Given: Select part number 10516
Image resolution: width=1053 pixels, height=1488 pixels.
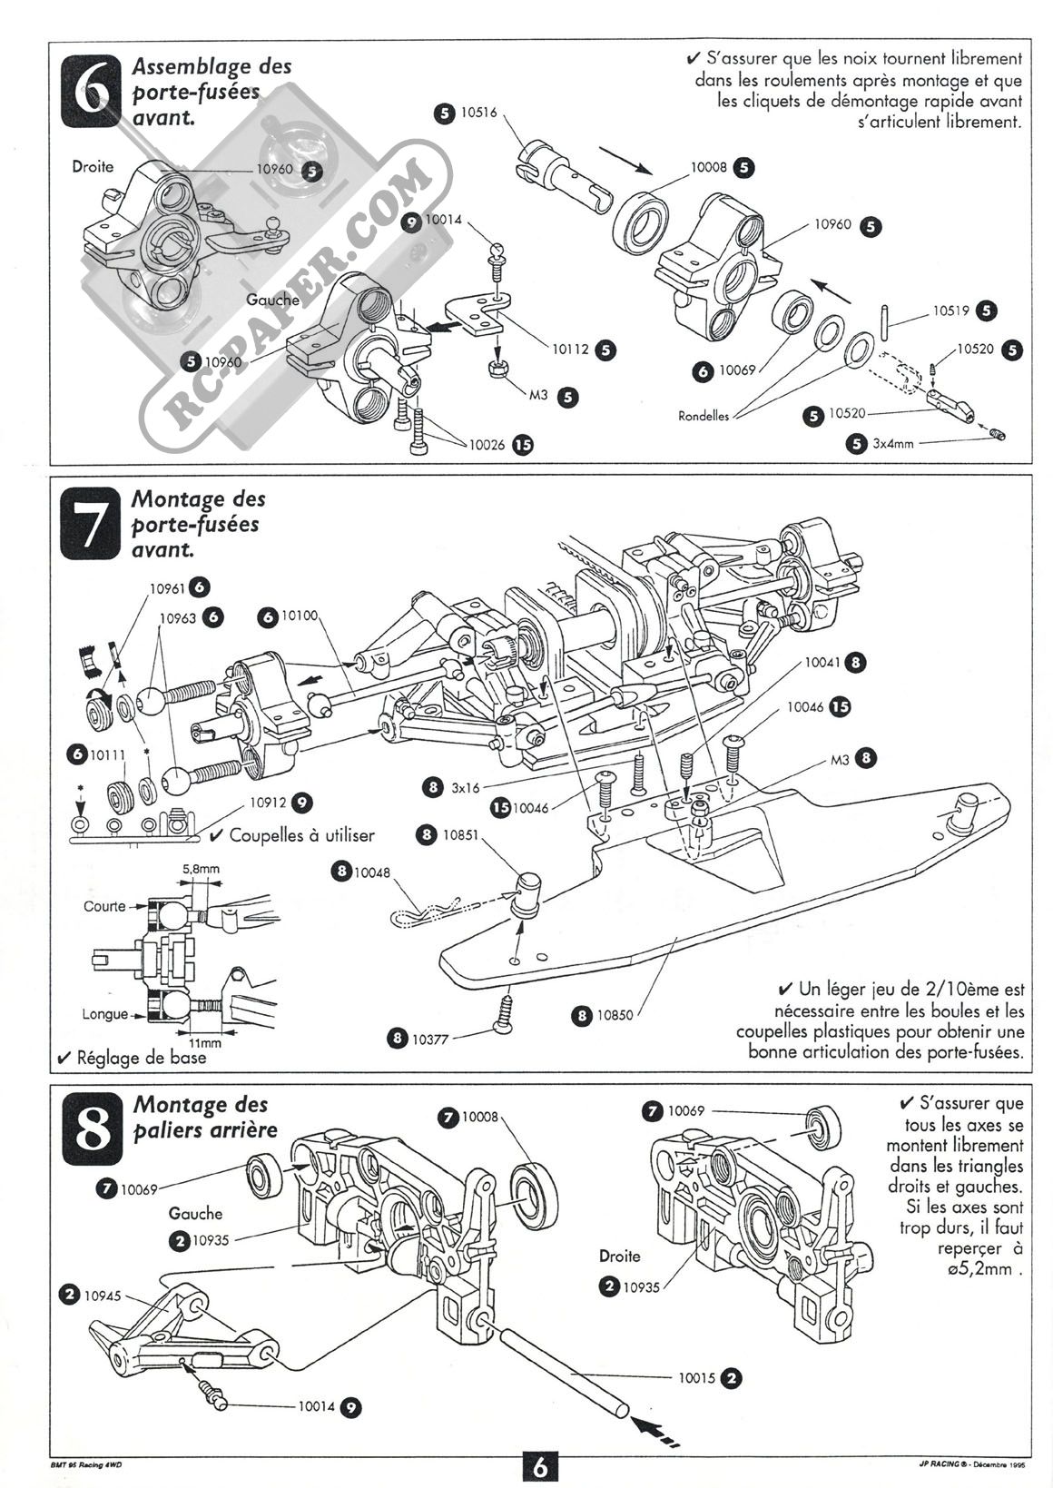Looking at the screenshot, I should pos(479,113).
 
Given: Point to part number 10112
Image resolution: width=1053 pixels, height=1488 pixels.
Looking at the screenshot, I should pos(570,349).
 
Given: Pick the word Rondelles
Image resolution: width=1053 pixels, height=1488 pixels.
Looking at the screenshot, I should pos(705,416).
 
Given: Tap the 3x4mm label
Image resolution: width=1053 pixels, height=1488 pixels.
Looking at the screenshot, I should pos(894,444).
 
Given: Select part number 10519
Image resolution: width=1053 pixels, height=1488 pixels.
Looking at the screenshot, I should pos(951,310).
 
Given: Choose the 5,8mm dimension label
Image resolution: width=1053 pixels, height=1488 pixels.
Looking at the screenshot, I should pos(201,869).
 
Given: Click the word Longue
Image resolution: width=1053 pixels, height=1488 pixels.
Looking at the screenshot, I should pos(104,1014).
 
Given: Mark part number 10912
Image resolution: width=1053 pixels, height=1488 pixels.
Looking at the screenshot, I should pos(269,803).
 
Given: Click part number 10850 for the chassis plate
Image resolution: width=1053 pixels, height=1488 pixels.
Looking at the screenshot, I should pos(615,1015).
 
